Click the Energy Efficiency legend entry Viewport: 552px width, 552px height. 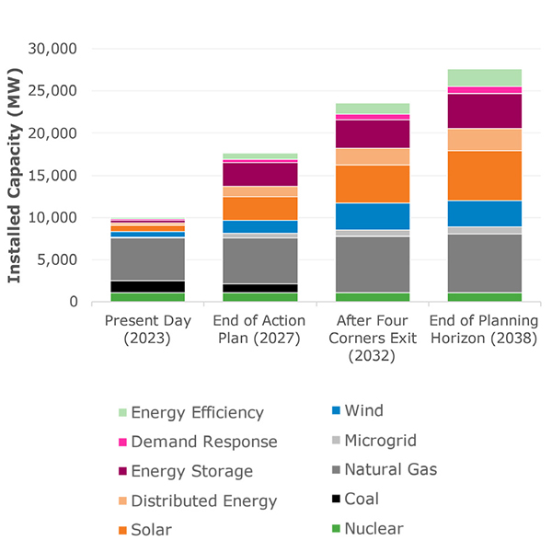click(x=197, y=413)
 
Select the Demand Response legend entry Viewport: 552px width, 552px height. click(x=203, y=442)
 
